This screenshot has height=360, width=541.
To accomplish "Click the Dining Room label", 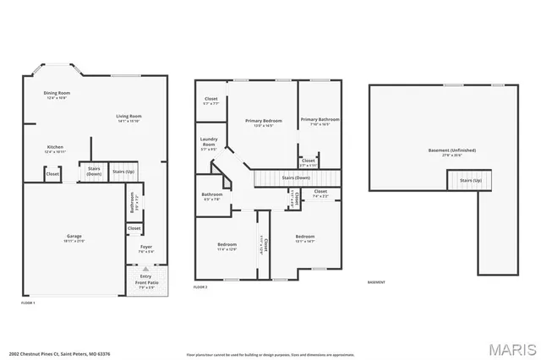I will pyautogui.click(x=57, y=95).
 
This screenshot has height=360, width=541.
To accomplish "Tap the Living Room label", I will pyautogui.click(x=128, y=117).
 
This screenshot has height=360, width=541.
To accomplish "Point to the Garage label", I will pyautogui.click(x=74, y=237).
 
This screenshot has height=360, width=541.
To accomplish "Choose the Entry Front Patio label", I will pyautogui.click(x=146, y=281).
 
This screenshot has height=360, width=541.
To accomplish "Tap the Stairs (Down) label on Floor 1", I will pyautogui.click(x=94, y=172).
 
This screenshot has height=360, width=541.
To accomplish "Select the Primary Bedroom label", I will pyautogui.click(x=264, y=123).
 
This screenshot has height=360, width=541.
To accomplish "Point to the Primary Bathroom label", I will pyautogui.click(x=320, y=121).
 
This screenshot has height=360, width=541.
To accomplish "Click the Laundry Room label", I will pyautogui.click(x=208, y=144).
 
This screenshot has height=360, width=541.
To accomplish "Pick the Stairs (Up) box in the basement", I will pyautogui.click(x=470, y=180).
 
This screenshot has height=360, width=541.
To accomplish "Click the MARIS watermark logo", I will pyautogui.click(x=505, y=348).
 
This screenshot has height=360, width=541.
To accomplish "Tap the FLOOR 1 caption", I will pyautogui.click(x=28, y=302).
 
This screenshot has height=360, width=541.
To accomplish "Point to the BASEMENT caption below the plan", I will pyautogui.click(x=377, y=281).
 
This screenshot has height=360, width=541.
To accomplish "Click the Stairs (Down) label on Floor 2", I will pyautogui.click(x=296, y=178).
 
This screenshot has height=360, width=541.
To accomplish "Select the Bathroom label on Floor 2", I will pyautogui.click(x=211, y=196).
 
